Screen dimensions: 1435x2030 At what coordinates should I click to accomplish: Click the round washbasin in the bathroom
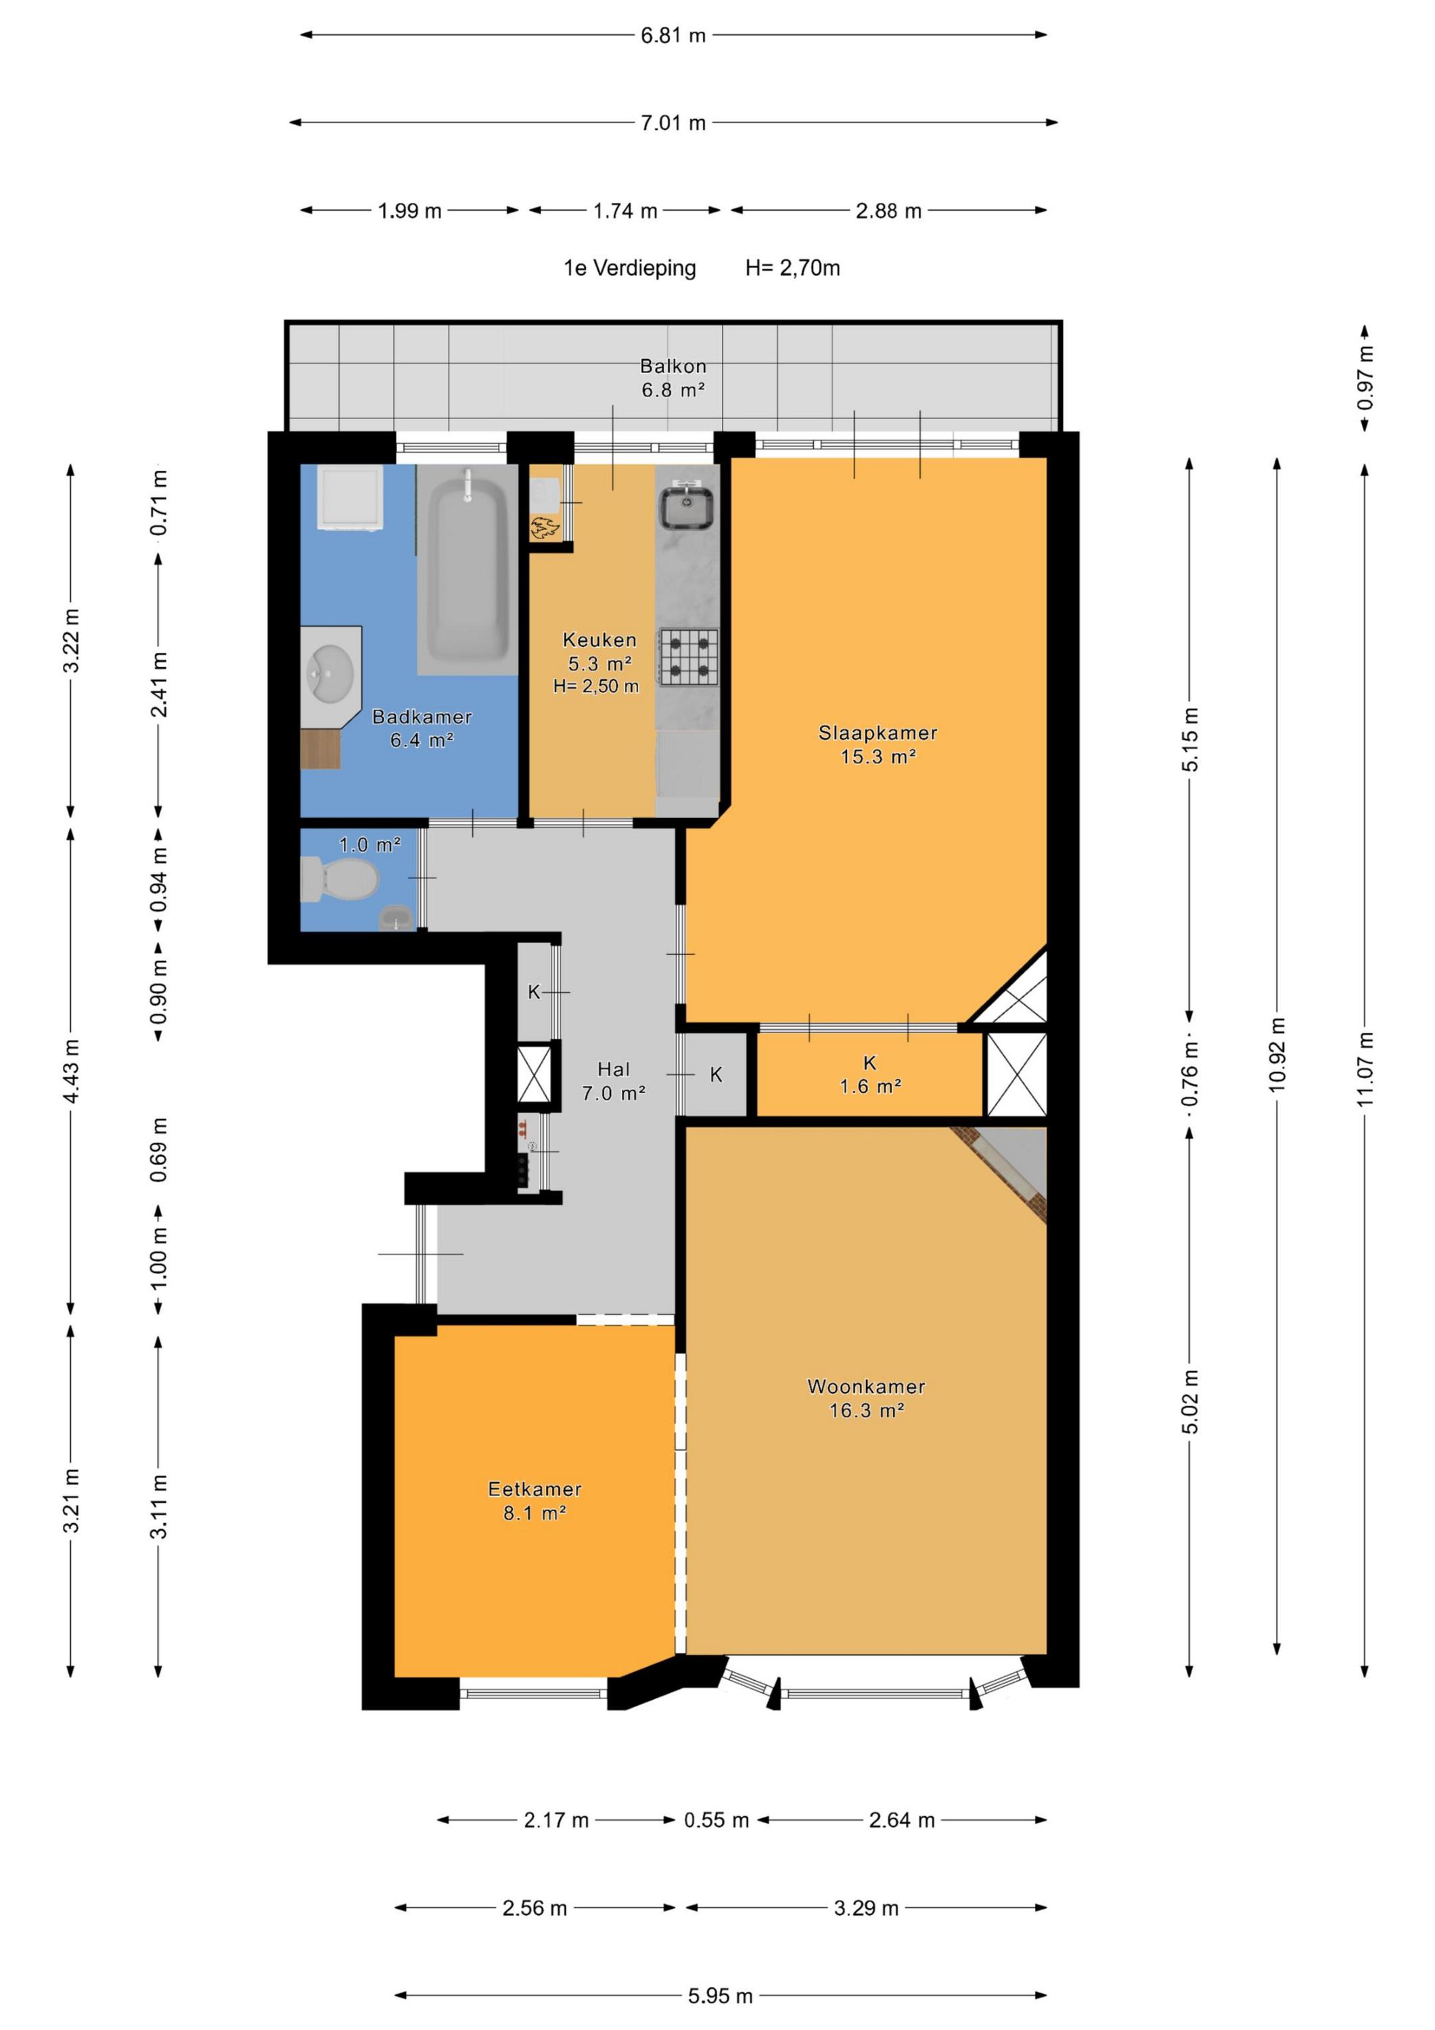329,672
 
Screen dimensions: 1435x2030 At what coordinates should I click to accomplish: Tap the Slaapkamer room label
877,744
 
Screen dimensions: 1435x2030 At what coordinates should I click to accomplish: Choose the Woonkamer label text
865,1398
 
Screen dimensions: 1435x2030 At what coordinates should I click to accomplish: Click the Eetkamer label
535,1500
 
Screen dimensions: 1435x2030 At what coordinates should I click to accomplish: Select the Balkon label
673,378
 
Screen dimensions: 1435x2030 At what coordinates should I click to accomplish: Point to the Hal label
614,1081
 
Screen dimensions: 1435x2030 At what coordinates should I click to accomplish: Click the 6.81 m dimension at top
673,35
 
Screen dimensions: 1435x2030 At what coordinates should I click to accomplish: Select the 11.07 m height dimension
1366,1069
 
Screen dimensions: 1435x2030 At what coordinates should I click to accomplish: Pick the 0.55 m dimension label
716,1820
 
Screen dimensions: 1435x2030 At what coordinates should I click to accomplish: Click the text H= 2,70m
792,268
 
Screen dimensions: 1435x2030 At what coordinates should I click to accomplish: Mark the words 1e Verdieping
629,268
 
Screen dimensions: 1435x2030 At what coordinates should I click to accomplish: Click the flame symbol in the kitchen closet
544,528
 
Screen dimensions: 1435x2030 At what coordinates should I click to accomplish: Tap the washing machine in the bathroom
351,499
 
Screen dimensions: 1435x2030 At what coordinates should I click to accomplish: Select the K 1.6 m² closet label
870,1075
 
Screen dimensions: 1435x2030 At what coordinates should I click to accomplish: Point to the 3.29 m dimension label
865,1908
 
